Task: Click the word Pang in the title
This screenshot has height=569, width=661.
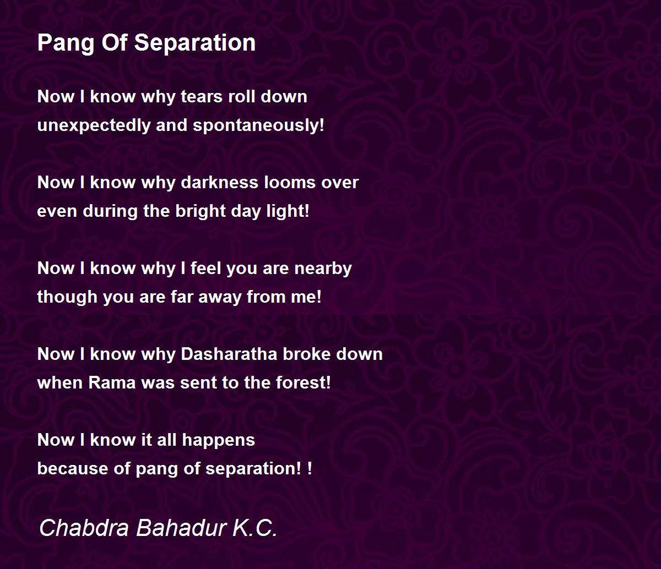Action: point(66,43)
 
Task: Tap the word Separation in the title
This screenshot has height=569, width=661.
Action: point(195,42)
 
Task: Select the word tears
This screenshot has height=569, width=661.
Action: point(202,96)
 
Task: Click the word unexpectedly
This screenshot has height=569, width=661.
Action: point(94,125)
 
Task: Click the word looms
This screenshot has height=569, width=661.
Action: point(290,183)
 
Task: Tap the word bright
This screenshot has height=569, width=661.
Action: point(200,211)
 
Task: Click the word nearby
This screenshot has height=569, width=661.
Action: point(323,269)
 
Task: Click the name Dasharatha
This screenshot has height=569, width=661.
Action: point(229,354)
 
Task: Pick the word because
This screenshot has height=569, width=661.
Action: point(72,469)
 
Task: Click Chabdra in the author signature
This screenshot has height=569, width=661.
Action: point(84,528)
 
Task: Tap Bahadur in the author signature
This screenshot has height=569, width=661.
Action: point(181,528)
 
